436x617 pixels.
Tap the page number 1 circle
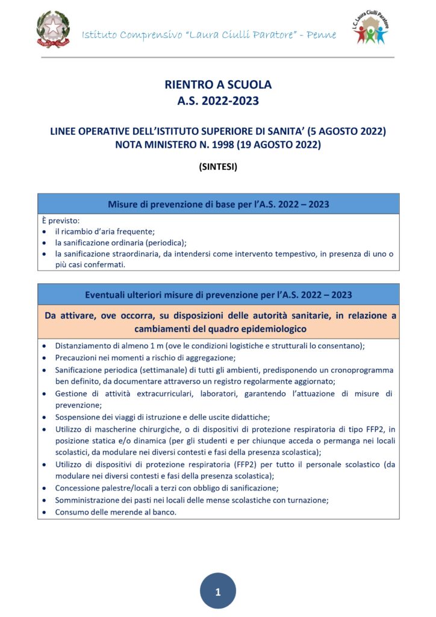pyautogui.click(x=217, y=592)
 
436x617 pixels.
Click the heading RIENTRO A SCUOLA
pyautogui.click(x=218, y=84)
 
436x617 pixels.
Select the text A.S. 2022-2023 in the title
pyautogui.click(x=218, y=101)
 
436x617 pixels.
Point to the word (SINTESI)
pyautogui.click(x=218, y=168)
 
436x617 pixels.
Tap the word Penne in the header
pyautogui.click(x=322, y=34)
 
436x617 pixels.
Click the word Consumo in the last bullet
pyautogui.click(x=72, y=512)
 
